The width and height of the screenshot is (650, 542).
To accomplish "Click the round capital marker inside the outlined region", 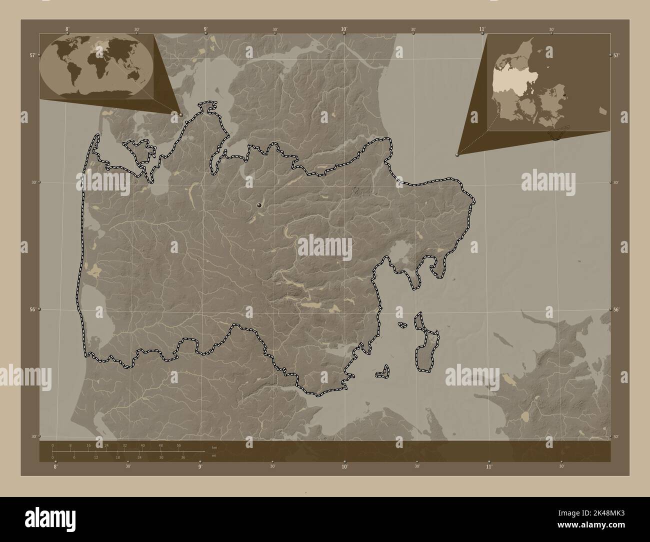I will (259, 205).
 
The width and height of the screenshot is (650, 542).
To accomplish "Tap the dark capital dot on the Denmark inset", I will (563, 94).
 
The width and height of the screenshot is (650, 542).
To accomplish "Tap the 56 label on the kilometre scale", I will (178, 445).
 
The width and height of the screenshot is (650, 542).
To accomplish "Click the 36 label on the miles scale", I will (183, 457).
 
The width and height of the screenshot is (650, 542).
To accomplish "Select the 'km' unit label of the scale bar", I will (214, 447).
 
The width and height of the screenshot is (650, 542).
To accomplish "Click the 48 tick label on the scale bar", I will (160, 445).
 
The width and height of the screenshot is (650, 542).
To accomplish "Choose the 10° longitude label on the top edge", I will (344, 29).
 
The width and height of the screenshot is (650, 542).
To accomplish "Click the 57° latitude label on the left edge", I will (32, 55).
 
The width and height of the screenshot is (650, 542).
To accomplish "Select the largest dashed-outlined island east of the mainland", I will (428, 345).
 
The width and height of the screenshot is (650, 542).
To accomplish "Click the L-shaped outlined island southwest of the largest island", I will (383, 371).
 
